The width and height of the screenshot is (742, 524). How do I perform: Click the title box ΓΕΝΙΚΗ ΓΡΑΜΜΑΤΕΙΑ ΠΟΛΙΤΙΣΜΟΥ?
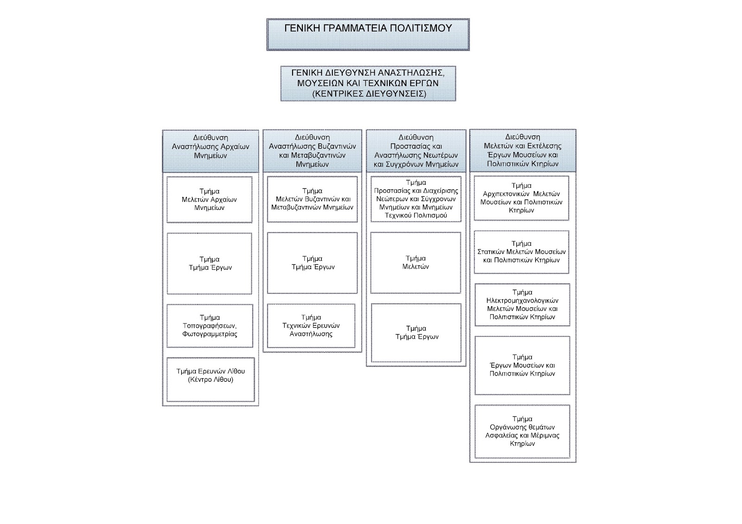(368, 34)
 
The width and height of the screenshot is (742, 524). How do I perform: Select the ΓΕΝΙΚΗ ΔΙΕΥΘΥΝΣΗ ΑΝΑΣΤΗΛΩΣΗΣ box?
(368, 83)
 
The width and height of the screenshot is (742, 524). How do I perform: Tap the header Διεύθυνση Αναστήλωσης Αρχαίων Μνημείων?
(211, 151)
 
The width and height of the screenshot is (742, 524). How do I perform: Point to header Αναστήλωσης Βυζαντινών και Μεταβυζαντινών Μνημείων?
(313, 151)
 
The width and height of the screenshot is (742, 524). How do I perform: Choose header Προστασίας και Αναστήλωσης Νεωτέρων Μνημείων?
(416, 151)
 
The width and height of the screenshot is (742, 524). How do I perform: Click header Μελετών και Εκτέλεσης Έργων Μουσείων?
(523, 150)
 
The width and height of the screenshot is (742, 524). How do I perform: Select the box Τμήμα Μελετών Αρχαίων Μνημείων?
(209, 200)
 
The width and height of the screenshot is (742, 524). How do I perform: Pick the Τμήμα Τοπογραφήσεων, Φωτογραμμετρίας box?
(210, 326)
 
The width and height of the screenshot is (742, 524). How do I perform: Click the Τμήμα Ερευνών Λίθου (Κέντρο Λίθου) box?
(211, 379)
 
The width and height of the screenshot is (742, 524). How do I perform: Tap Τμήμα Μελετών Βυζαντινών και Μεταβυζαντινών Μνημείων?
(313, 199)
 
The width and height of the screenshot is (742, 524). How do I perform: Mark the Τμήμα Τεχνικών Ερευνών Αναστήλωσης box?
(311, 326)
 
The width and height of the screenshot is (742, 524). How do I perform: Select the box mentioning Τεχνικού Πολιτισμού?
(416, 199)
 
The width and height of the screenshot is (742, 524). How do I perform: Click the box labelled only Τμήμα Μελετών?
(416, 263)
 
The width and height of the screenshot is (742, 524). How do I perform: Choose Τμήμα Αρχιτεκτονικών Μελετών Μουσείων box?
(521, 198)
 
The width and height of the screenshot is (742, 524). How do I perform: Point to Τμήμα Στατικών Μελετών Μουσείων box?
(521, 252)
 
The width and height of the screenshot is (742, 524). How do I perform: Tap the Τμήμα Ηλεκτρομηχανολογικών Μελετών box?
(522, 304)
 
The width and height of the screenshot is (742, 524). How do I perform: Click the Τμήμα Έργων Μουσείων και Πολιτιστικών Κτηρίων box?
(522, 366)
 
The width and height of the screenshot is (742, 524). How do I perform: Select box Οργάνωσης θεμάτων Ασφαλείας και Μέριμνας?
(522, 431)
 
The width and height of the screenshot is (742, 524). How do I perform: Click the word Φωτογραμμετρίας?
(210, 334)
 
